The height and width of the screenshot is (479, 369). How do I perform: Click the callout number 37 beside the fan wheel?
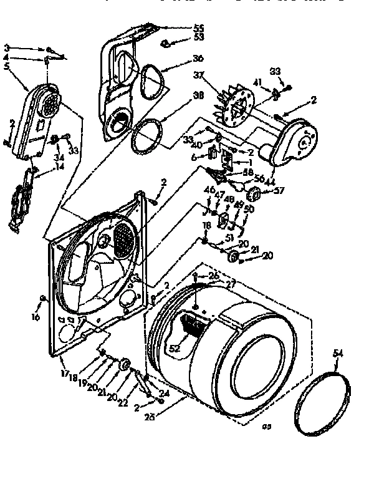pos(199,75)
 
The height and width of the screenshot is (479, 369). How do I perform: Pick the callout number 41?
pos(257,82)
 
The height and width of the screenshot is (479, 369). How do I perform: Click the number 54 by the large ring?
pos(338,354)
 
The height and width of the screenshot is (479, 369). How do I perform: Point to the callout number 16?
pos(36,317)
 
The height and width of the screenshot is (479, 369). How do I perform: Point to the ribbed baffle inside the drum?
pos(194,324)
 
